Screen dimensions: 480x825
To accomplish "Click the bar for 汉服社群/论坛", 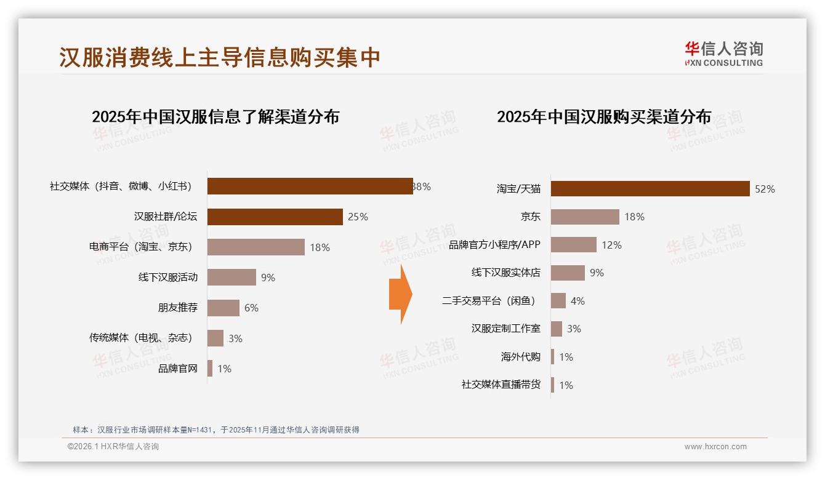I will point(275,217).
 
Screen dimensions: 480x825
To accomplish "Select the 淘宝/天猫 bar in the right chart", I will point(650,189).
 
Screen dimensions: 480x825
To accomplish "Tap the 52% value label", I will point(765,190).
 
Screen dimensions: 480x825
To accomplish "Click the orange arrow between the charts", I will point(401,294).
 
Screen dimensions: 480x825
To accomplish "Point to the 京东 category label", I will point(530,217).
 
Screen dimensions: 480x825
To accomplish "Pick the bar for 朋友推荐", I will point(223,308).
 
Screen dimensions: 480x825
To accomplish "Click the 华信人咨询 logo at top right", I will point(724,54).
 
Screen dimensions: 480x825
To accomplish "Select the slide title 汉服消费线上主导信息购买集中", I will point(220,57).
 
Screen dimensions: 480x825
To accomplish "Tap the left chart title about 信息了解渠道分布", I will point(215,117).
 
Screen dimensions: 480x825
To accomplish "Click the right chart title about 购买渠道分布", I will point(604,117).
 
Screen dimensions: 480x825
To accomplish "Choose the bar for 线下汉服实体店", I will point(568,273).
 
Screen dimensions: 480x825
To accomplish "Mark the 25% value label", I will point(358,217).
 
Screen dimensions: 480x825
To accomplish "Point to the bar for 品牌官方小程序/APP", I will point(573,245).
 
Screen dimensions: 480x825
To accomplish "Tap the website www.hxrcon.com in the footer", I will point(715,447).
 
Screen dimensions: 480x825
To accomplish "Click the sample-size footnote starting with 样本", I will point(215,430).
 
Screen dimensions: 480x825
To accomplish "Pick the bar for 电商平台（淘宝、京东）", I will point(256,247).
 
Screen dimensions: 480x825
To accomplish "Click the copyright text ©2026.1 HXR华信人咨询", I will point(113,447).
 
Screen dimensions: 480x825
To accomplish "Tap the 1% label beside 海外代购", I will point(566,357).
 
